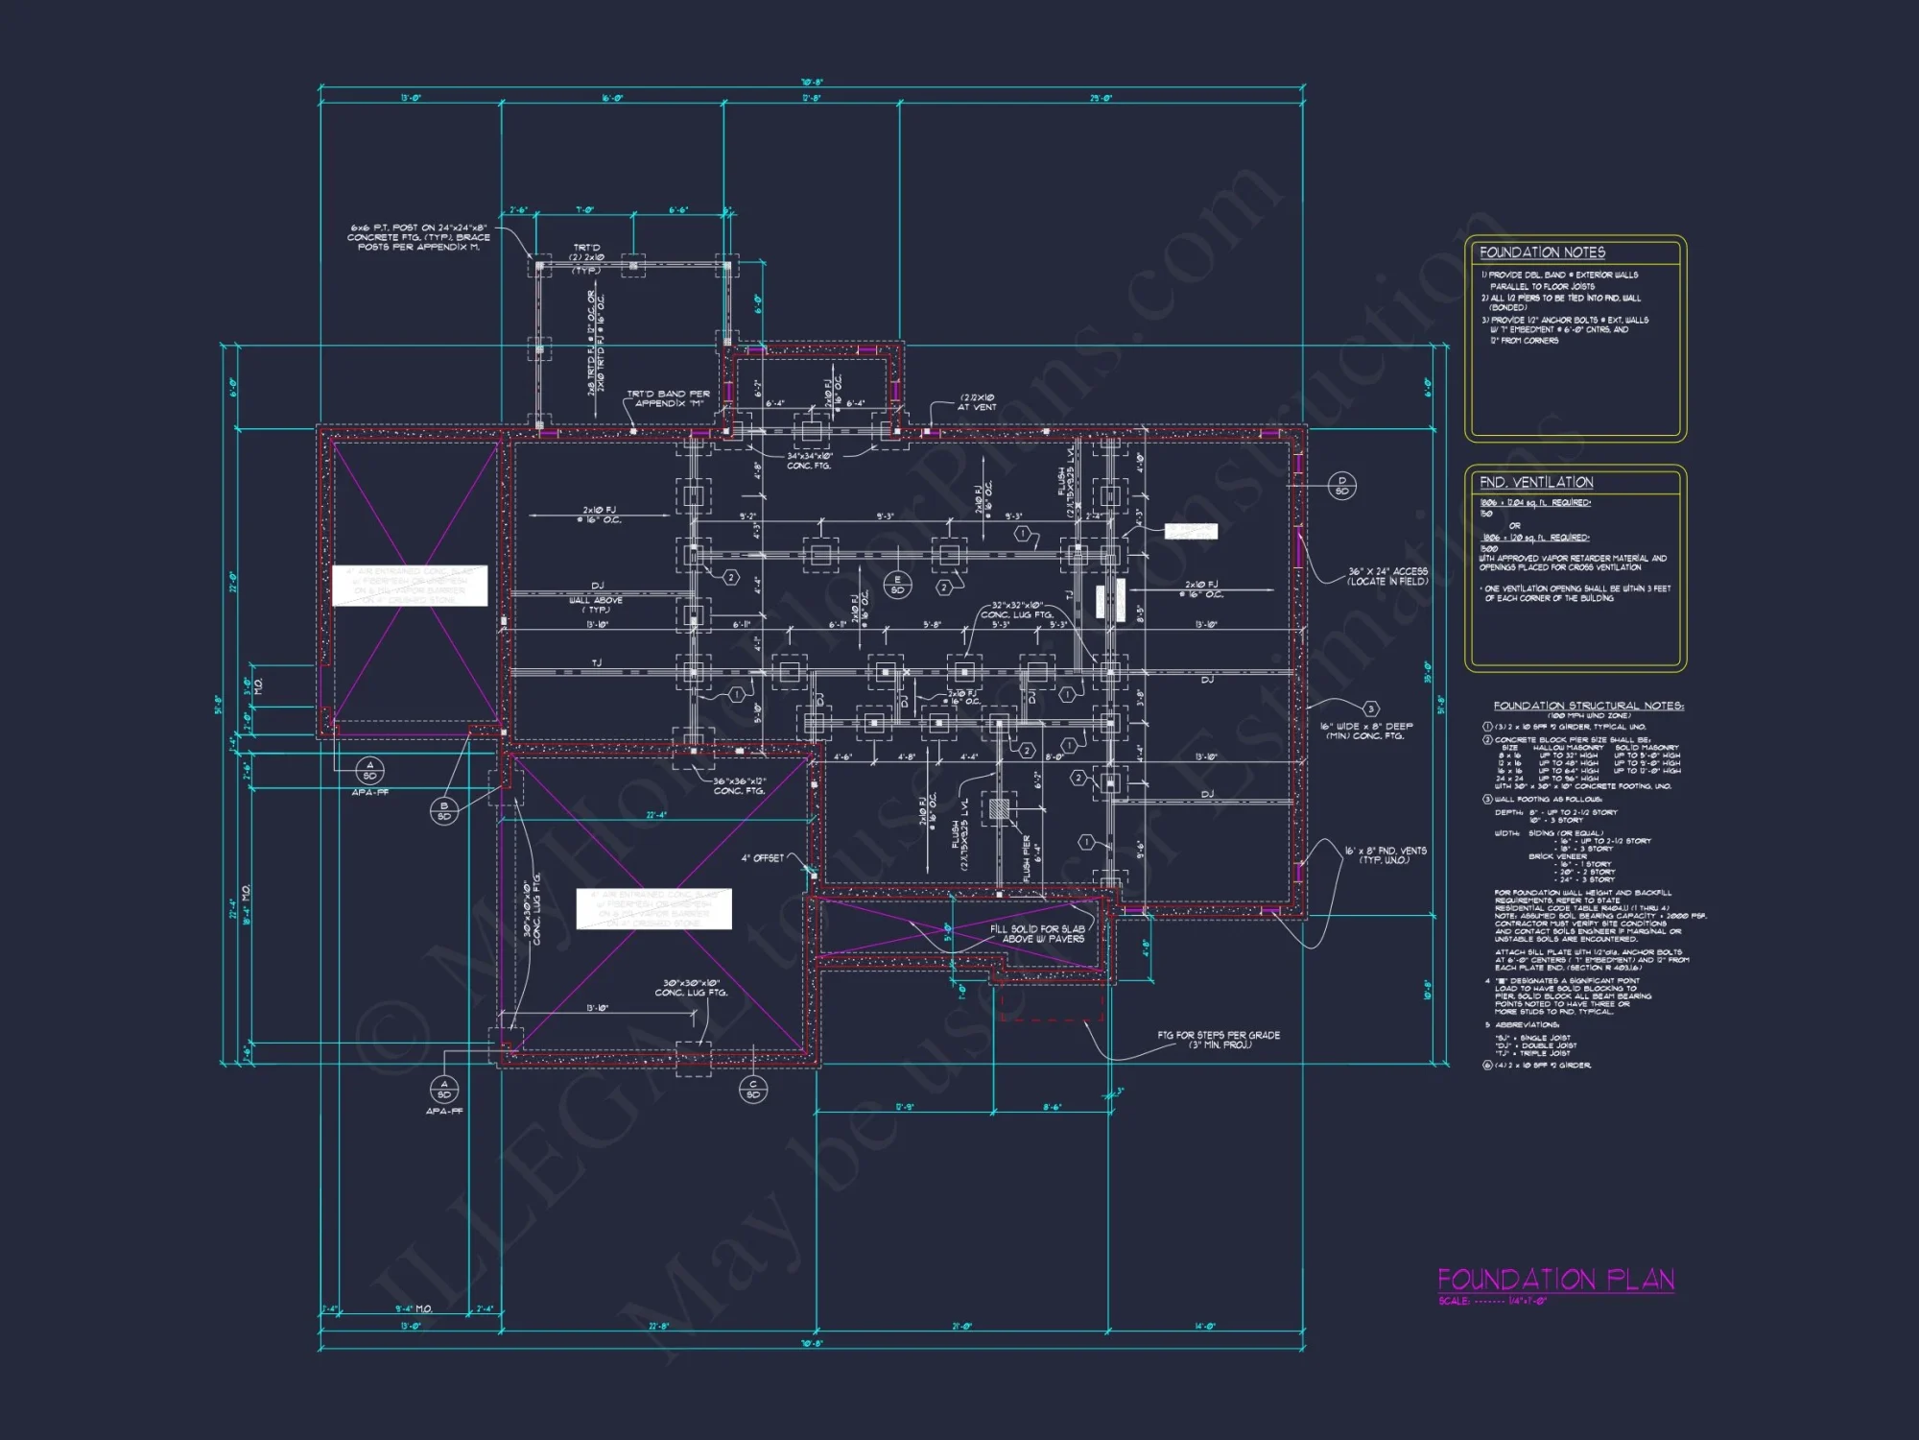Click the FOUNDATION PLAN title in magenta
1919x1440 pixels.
click(1555, 1280)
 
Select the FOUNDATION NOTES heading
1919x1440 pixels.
click(1542, 252)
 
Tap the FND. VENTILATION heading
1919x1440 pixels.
click(1535, 482)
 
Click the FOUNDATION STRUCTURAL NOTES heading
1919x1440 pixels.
click(1588, 706)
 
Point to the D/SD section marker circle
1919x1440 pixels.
click(1341, 486)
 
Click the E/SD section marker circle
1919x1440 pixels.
click(897, 585)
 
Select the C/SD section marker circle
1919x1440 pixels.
click(752, 1089)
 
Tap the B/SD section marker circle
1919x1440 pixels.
click(443, 811)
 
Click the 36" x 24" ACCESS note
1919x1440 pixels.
click(1387, 576)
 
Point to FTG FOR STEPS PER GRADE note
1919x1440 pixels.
click(1219, 1040)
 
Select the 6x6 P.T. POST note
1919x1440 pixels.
click(418, 237)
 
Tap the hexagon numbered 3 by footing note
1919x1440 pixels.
click(1371, 708)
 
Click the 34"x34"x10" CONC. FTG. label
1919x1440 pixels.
click(810, 461)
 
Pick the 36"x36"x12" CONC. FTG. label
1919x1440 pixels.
click(739, 786)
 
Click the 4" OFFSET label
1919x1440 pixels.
click(762, 858)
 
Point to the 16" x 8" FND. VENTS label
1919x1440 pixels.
click(1385, 855)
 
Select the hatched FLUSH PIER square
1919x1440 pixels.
click(999, 809)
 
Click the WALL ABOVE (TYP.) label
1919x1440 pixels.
click(596, 605)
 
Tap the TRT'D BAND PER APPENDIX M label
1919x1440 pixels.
click(668, 398)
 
